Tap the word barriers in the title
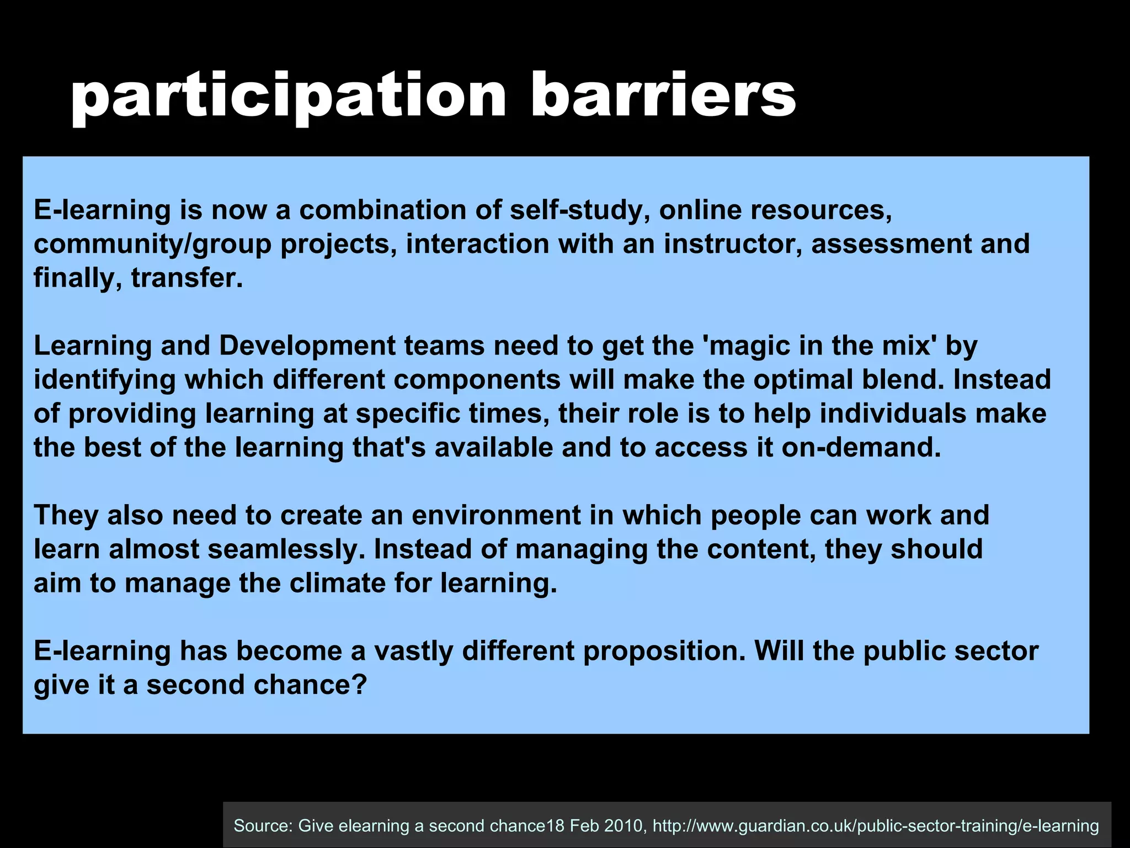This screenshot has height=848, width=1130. [x=663, y=95]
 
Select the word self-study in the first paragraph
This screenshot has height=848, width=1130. [x=579, y=210]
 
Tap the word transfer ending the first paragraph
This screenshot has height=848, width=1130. [x=187, y=278]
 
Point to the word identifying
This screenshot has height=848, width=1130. [x=104, y=380]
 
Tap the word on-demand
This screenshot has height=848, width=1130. [x=861, y=447]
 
